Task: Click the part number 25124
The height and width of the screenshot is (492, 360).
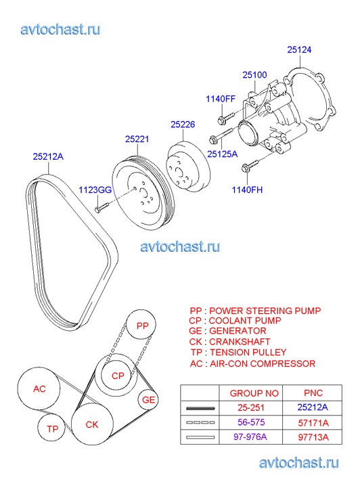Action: click(x=299, y=49)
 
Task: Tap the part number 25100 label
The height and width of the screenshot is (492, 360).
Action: click(x=254, y=74)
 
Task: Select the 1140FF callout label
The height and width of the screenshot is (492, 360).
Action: click(x=221, y=99)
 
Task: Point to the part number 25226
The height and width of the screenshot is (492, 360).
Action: click(x=183, y=125)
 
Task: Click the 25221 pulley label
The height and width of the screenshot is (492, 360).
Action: click(x=137, y=139)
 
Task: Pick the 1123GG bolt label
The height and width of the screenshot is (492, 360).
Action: click(x=95, y=190)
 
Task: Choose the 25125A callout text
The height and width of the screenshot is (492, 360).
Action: click(x=222, y=154)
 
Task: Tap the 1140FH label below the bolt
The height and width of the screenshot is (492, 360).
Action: click(x=247, y=189)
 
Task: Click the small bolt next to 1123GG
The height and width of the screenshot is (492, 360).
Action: click(x=101, y=207)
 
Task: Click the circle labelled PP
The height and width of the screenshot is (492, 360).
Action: click(x=141, y=325)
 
